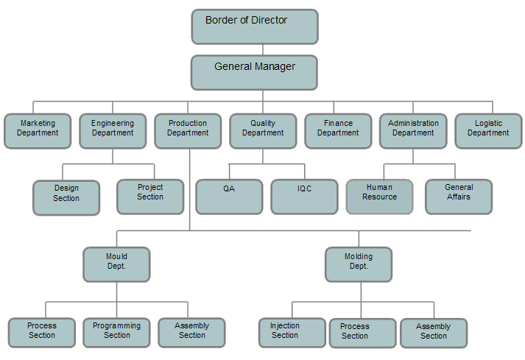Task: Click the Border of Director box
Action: (x=255, y=27)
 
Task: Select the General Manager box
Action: (x=255, y=72)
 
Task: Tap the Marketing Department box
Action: (x=38, y=130)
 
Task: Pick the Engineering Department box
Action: (x=113, y=130)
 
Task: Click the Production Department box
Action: (x=188, y=130)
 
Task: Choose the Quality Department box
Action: (x=263, y=130)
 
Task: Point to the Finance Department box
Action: (x=338, y=130)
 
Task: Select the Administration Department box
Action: (x=413, y=130)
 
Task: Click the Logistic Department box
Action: (x=488, y=130)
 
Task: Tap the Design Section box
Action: (x=66, y=197)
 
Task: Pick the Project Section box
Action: (x=150, y=196)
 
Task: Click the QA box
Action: (x=229, y=196)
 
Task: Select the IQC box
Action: (x=304, y=196)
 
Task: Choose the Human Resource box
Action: (x=380, y=196)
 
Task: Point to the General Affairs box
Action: (x=459, y=196)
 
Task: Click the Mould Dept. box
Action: (x=116, y=264)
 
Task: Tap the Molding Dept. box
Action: (x=359, y=264)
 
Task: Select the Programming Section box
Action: (x=117, y=332)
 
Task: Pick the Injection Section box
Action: (x=292, y=332)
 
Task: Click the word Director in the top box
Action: (x=269, y=21)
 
